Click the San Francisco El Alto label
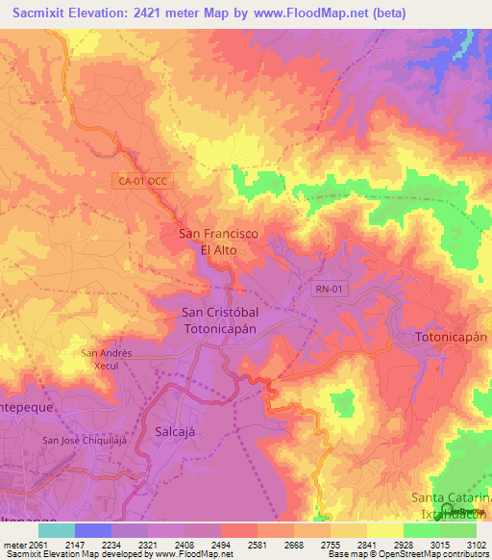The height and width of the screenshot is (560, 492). click(x=218, y=241)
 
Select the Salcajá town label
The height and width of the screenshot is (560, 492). click(x=175, y=432)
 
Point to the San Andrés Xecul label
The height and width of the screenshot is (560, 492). click(x=111, y=359)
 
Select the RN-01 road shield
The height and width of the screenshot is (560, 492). click(x=328, y=287)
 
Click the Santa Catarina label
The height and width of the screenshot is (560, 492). click(x=451, y=496)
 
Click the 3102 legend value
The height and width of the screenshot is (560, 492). click(x=475, y=544)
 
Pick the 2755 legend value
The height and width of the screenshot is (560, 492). click(x=330, y=544)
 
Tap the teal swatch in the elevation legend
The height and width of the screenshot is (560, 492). click(x=57, y=530)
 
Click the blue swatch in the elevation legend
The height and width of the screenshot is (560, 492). click(x=93, y=530)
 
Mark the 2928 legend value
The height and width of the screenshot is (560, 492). click(x=403, y=544)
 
